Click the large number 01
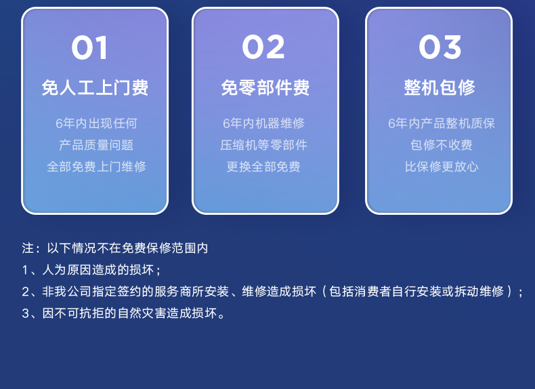(x=90, y=47)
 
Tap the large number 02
(x=263, y=47)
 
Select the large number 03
(x=440, y=47)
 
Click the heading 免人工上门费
(x=95, y=88)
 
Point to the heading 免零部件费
(x=265, y=88)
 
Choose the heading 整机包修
(x=440, y=87)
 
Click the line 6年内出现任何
(x=96, y=123)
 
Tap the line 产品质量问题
(x=96, y=145)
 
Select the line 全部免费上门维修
(x=96, y=167)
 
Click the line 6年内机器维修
(x=263, y=123)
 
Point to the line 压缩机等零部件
(x=263, y=145)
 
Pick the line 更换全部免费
(x=263, y=167)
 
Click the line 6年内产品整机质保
(x=441, y=123)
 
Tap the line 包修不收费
(x=441, y=145)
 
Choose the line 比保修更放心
(x=441, y=167)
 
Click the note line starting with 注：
(x=115, y=248)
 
